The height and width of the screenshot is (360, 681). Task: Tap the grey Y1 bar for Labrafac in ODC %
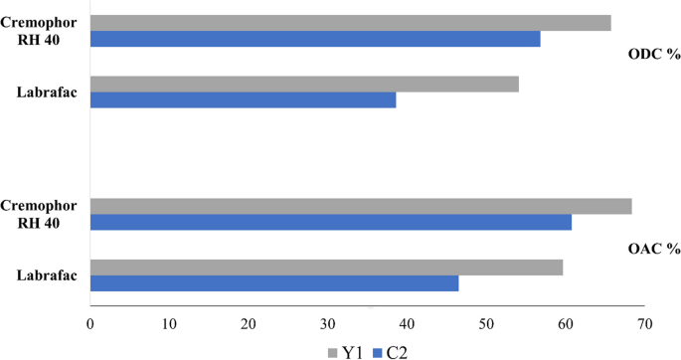(304, 85)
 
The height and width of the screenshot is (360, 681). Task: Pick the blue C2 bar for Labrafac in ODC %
(243, 100)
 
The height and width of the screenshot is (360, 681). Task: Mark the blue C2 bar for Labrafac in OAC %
(274, 283)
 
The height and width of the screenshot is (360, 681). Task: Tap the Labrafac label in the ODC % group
(47, 93)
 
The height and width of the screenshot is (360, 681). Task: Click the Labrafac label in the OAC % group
(47, 275)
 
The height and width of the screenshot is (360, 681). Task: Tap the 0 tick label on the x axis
(90, 323)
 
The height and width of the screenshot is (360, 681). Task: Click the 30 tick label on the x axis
(328, 323)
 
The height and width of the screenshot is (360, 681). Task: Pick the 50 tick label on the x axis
(486, 323)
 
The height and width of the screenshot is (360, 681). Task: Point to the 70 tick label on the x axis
(645, 323)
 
